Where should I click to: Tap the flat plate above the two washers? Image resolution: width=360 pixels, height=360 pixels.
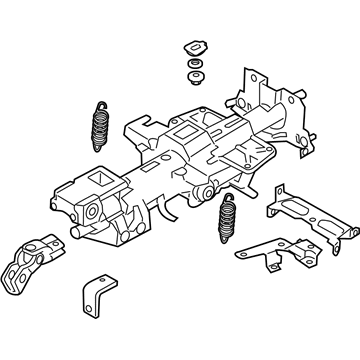point(191,49)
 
